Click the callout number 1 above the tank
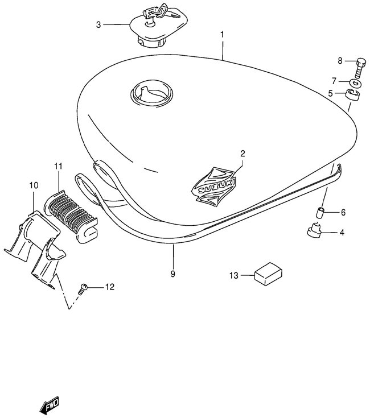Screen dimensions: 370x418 click(x=222, y=35)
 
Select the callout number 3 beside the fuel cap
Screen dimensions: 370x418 click(x=98, y=25)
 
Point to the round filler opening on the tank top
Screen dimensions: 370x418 click(x=151, y=94)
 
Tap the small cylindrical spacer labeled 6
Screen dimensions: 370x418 click(x=320, y=213)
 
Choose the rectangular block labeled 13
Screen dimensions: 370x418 click(x=268, y=274)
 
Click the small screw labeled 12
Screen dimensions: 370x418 click(x=83, y=289)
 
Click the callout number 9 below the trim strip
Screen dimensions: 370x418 click(x=173, y=274)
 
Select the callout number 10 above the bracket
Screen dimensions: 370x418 click(x=34, y=185)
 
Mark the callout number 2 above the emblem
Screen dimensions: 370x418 click(x=242, y=154)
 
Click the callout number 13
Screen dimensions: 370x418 click(x=234, y=275)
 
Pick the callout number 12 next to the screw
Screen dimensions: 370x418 click(x=110, y=287)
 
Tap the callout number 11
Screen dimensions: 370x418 click(x=58, y=166)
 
